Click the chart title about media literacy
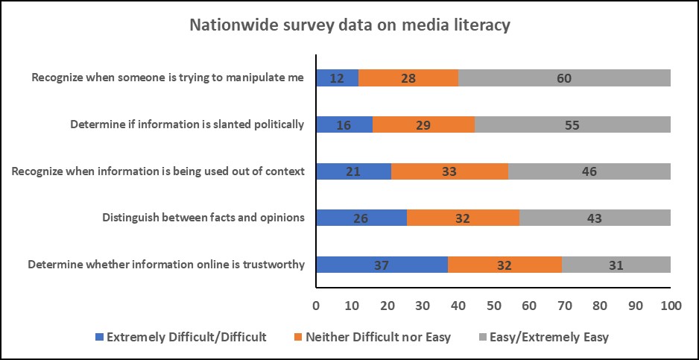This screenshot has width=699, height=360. click(349, 25)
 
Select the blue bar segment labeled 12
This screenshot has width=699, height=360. click(337, 78)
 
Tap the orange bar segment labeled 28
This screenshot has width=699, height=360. click(408, 78)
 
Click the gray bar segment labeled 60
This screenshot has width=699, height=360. click(564, 78)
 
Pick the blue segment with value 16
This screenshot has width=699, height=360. click(344, 124)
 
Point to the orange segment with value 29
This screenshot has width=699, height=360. click(423, 124)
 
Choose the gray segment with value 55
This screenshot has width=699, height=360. click(572, 124)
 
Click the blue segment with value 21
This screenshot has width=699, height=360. click(353, 171)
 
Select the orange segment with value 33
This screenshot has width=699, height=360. click(449, 171)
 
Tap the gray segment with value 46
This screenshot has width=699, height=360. click(589, 171)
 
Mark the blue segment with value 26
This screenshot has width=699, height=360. click(361, 218)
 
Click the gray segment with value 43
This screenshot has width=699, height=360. click(595, 218)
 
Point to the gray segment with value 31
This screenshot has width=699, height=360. click(616, 265)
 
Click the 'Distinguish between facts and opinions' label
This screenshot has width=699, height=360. click(203, 218)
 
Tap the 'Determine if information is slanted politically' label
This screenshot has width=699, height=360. click(187, 124)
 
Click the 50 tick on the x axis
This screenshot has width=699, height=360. click(493, 306)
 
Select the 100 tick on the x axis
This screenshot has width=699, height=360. click(671, 306)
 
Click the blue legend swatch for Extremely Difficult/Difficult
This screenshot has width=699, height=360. click(101, 337)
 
